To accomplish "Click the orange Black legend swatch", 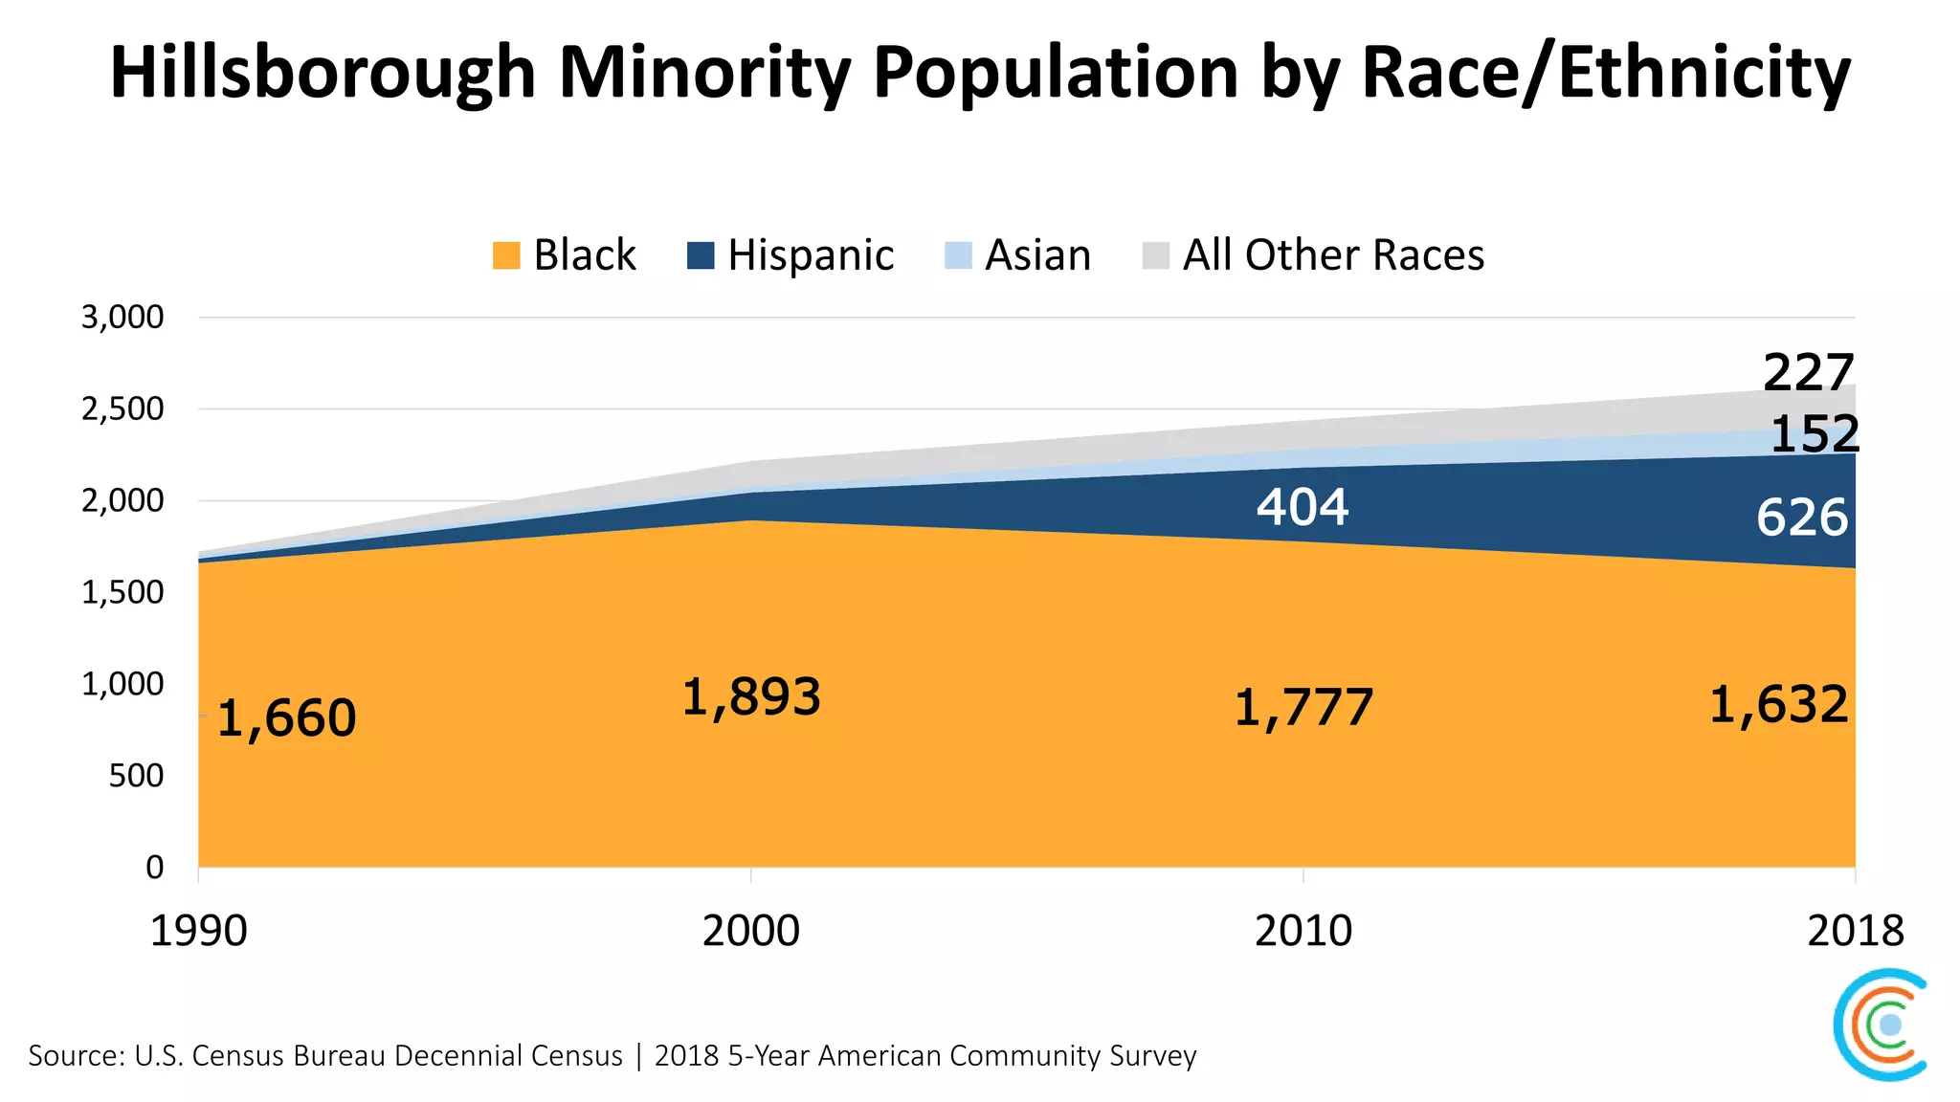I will [506, 255].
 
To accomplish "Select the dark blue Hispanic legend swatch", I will [701, 255].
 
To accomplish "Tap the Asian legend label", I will [1037, 255].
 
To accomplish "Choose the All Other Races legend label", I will [1333, 255].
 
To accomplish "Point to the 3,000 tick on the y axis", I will [122, 318].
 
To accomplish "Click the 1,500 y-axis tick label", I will [122, 593].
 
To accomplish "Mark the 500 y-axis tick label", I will [136, 776].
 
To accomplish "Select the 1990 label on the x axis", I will [198, 931].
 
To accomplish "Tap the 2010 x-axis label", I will [1303, 931].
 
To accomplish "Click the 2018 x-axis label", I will [1855, 931].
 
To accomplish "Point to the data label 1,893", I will [751, 697].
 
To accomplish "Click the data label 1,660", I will [286, 718].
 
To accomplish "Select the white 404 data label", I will [1303, 507].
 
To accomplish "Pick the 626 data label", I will [1801, 518].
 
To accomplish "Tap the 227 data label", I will [1808, 372].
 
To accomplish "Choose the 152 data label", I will [1814, 434].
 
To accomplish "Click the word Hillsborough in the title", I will [323, 73].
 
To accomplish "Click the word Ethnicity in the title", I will [1704, 73].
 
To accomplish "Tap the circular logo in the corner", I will [1882, 1025].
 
